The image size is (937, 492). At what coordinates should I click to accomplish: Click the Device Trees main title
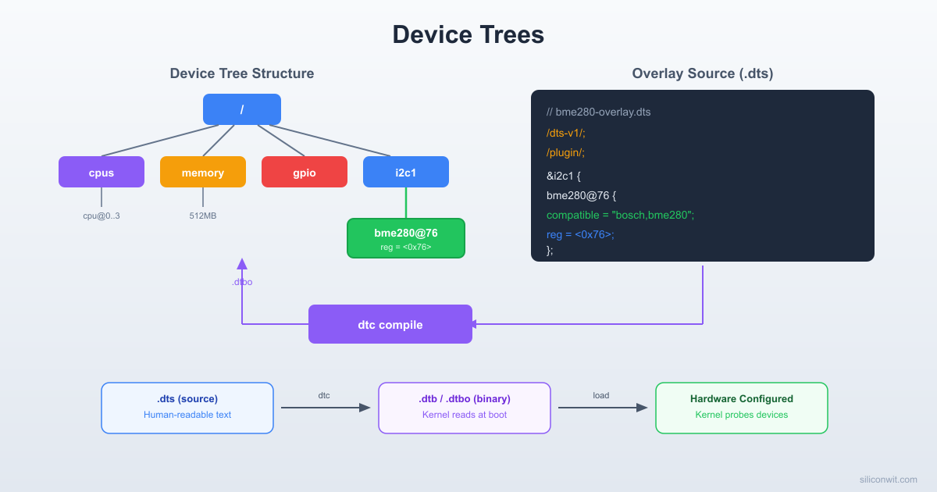468,35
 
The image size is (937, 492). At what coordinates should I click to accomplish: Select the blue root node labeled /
242,109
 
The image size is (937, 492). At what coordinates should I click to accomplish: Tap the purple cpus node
102,173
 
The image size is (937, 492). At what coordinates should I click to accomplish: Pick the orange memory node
203,173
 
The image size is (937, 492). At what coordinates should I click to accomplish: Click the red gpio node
305,173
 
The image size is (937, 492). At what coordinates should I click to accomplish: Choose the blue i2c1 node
406,173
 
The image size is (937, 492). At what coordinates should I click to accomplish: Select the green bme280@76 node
406,238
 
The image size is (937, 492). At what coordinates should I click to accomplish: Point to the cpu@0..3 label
102,216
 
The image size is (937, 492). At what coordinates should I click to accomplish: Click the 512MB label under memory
203,216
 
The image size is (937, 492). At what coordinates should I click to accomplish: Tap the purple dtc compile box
390,324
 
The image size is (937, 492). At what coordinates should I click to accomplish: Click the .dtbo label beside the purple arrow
242,282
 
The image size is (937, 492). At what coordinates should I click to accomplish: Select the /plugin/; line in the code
566,152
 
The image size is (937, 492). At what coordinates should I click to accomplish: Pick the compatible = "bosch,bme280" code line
620,215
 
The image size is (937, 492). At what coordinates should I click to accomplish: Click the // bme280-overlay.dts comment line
598,112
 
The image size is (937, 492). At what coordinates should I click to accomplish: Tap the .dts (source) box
187,408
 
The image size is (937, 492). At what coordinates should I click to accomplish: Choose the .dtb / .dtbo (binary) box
465,408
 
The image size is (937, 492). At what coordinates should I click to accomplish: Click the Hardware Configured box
742,408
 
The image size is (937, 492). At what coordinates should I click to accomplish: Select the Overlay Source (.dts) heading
703,73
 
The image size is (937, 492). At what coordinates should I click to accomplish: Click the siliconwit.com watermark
888,480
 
